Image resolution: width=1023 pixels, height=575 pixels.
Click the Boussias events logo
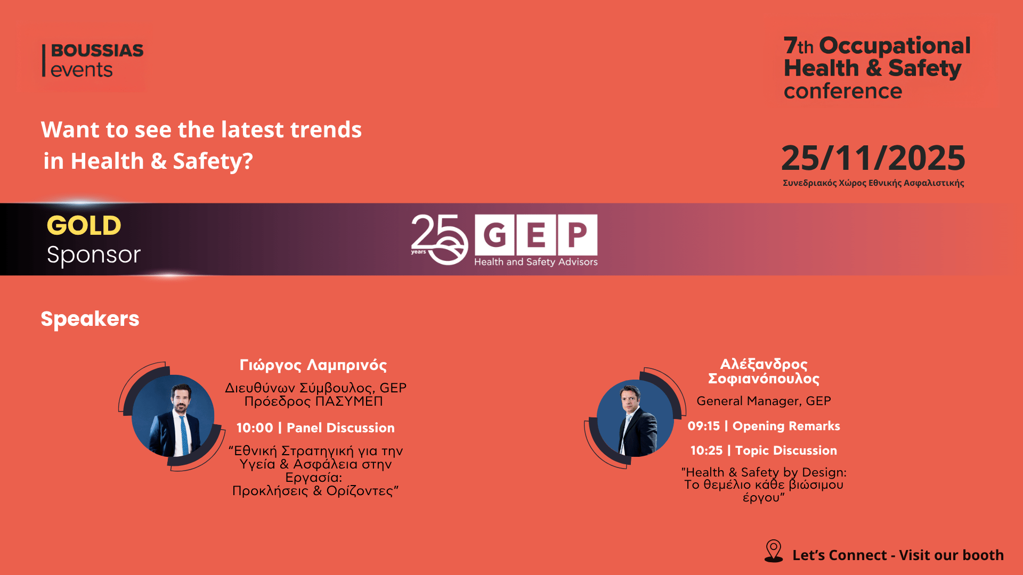click(93, 60)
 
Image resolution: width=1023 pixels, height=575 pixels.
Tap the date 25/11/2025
click(873, 158)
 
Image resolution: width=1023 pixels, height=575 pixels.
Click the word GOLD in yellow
click(84, 225)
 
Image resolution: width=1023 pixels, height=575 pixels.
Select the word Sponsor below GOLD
click(94, 254)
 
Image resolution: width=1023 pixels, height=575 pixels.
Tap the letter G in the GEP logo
click(494, 234)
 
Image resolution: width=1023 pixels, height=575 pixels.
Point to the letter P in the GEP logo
click(578, 234)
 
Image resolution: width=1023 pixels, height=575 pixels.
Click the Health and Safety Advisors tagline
click(536, 261)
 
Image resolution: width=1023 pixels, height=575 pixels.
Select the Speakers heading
click(90, 318)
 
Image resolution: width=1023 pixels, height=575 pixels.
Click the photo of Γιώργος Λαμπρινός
click(173, 416)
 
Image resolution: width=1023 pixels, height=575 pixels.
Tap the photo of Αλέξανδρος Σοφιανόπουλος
click(635, 418)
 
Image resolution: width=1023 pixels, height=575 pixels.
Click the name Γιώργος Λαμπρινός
click(313, 365)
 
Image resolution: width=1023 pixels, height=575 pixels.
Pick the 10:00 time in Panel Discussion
click(255, 428)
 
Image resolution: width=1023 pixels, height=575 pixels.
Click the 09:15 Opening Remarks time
click(704, 426)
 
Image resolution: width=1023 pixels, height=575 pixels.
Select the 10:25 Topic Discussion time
click(707, 450)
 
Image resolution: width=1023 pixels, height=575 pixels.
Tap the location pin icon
click(774, 551)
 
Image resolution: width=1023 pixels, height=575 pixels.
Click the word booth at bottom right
click(984, 555)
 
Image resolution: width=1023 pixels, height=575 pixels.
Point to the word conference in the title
click(843, 91)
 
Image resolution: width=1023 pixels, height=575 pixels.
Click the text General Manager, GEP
click(764, 401)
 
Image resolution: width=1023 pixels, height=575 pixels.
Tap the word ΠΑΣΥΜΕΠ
click(349, 401)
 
